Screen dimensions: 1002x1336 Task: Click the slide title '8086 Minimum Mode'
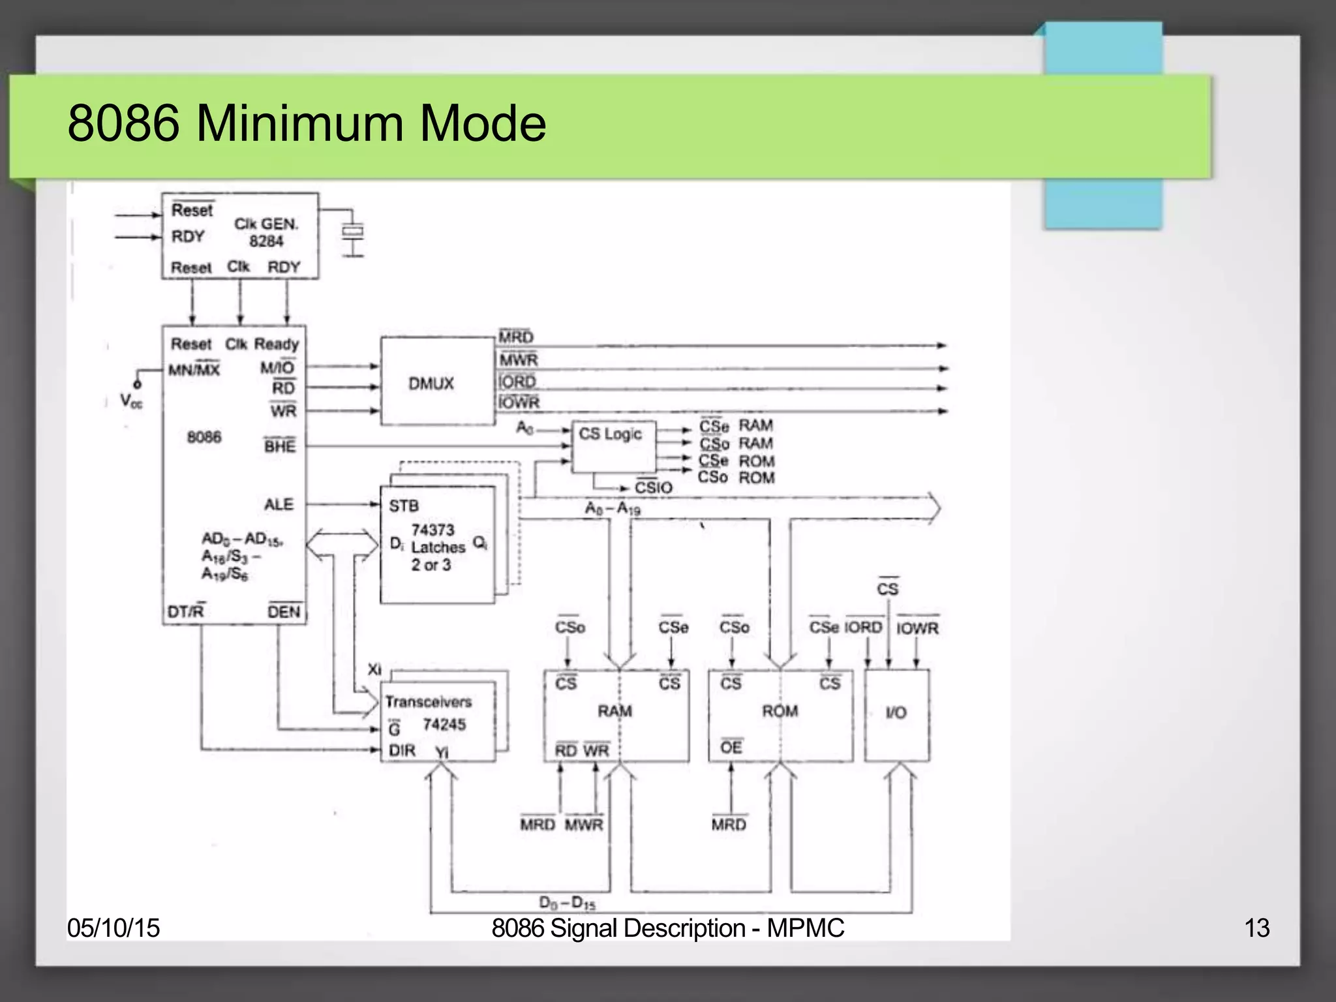307,123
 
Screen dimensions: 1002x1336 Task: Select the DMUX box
431,384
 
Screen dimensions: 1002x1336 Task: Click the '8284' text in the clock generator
266,242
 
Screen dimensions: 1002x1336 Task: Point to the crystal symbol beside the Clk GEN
353,232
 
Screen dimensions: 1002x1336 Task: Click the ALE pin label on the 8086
279,504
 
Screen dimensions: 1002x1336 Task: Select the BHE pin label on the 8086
280,446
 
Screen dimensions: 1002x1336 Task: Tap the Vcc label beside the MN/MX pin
130,401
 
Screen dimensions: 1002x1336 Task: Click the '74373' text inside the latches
433,530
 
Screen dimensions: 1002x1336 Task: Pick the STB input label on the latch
404,506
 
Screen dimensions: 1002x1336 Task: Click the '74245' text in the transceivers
444,725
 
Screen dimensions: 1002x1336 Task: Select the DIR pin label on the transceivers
402,751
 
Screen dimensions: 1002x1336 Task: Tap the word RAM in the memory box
615,711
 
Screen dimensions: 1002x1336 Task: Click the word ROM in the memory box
780,711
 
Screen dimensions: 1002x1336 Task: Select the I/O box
897,714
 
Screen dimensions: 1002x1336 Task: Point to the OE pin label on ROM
731,748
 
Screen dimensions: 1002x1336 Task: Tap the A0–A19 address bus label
613,509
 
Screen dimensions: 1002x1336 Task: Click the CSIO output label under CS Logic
653,488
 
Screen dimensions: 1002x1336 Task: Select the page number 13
1256,928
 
